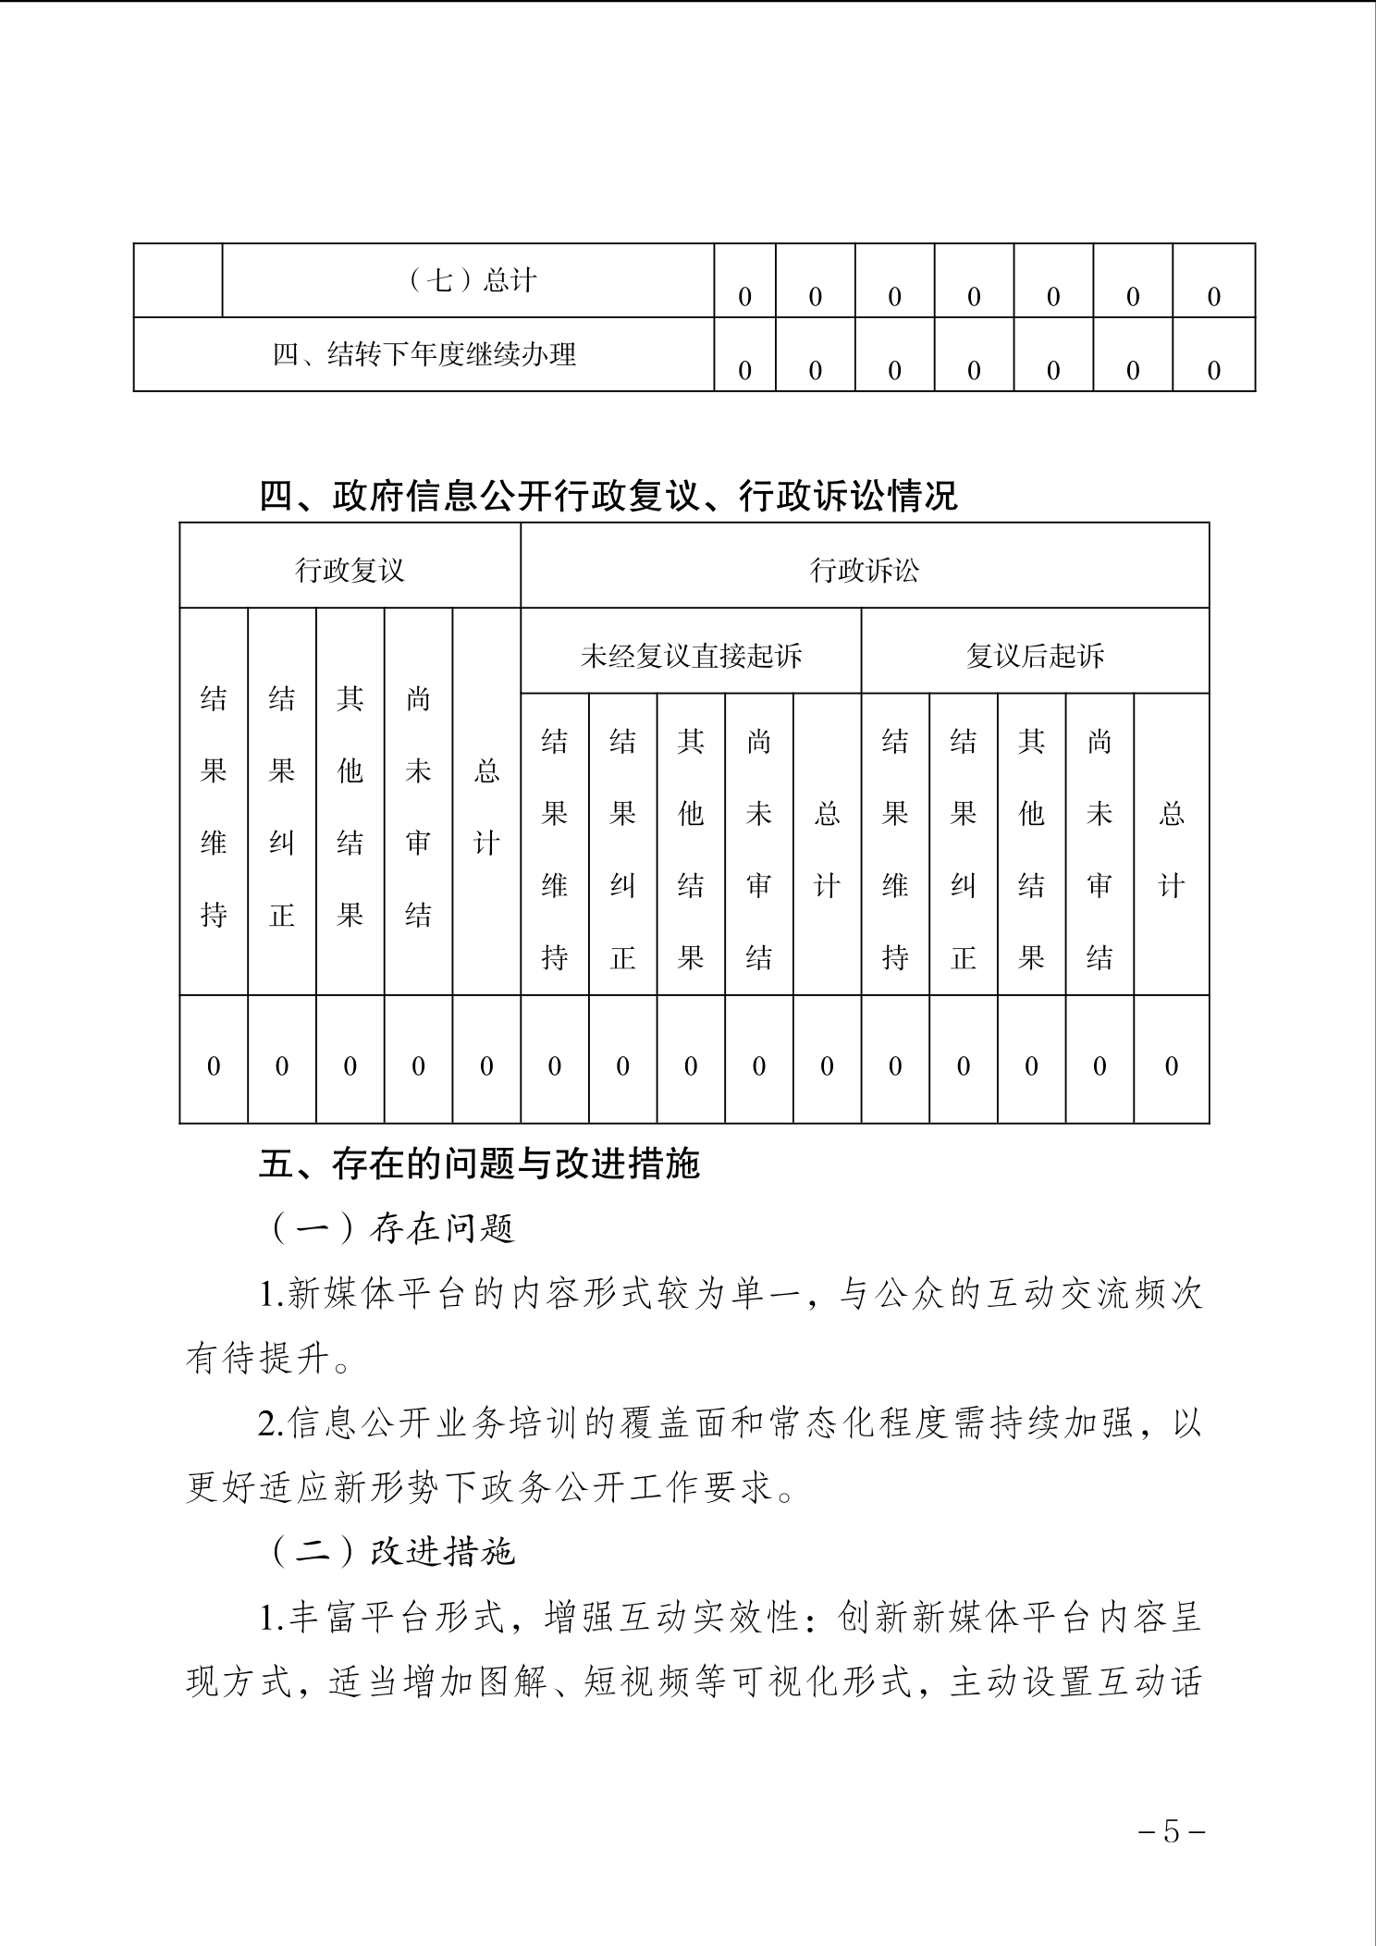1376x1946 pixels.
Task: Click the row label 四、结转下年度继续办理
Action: click(424, 354)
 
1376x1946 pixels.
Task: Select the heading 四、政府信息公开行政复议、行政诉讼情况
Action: click(608, 497)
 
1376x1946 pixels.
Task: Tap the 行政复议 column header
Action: click(350, 570)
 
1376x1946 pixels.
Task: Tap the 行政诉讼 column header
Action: click(865, 570)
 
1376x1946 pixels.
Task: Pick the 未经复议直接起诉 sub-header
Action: click(691, 656)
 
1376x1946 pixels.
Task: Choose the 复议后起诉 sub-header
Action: click(1035, 656)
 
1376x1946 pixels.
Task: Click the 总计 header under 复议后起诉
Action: click(1172, 849)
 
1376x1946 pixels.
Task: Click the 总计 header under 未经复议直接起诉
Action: click(827, 849)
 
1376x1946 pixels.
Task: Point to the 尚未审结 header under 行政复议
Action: click(418, 807)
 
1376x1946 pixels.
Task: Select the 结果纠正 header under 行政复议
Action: click(282, 807)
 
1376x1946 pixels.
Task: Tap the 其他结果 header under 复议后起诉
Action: click(1031, 849)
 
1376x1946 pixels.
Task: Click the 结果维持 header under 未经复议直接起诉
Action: click(554, 849)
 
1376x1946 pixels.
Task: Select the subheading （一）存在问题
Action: click(393, 1228)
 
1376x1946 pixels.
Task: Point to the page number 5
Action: click(1172, 1831)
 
